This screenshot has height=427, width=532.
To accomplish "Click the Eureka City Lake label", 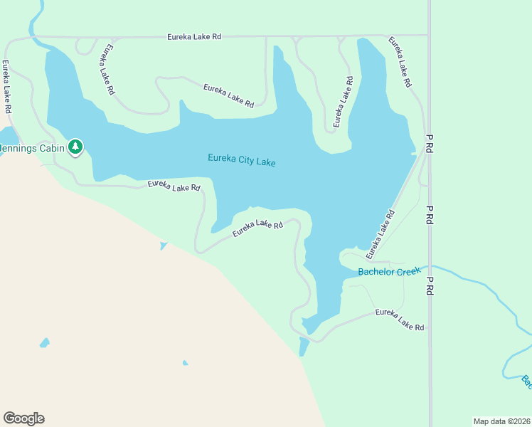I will click(x=241, y=160).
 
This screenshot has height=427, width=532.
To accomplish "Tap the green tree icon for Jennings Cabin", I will click(x=75, y=147).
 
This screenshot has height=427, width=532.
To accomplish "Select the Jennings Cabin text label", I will click(x=32, y=148).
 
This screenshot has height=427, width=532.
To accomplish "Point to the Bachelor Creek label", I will click(x=389, y=271).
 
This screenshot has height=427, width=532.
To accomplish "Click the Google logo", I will click(x=23, y=418).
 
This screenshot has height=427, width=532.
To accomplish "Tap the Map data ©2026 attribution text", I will click(x=501, y=421).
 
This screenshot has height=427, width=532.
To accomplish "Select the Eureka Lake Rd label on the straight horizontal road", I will click(x=194, y=36).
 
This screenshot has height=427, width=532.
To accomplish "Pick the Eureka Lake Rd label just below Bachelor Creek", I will click(x=400, y=320).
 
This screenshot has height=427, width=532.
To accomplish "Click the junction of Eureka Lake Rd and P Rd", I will click(x=428, y=35).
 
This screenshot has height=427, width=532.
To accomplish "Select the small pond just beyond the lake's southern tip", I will click(x=304, y=347).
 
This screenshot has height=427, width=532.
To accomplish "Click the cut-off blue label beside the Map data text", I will click(x=526, y=382).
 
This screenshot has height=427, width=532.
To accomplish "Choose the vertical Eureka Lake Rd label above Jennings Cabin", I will click(x=6, y=88).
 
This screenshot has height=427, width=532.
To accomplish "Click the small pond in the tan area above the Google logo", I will click(x=45, y=342).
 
